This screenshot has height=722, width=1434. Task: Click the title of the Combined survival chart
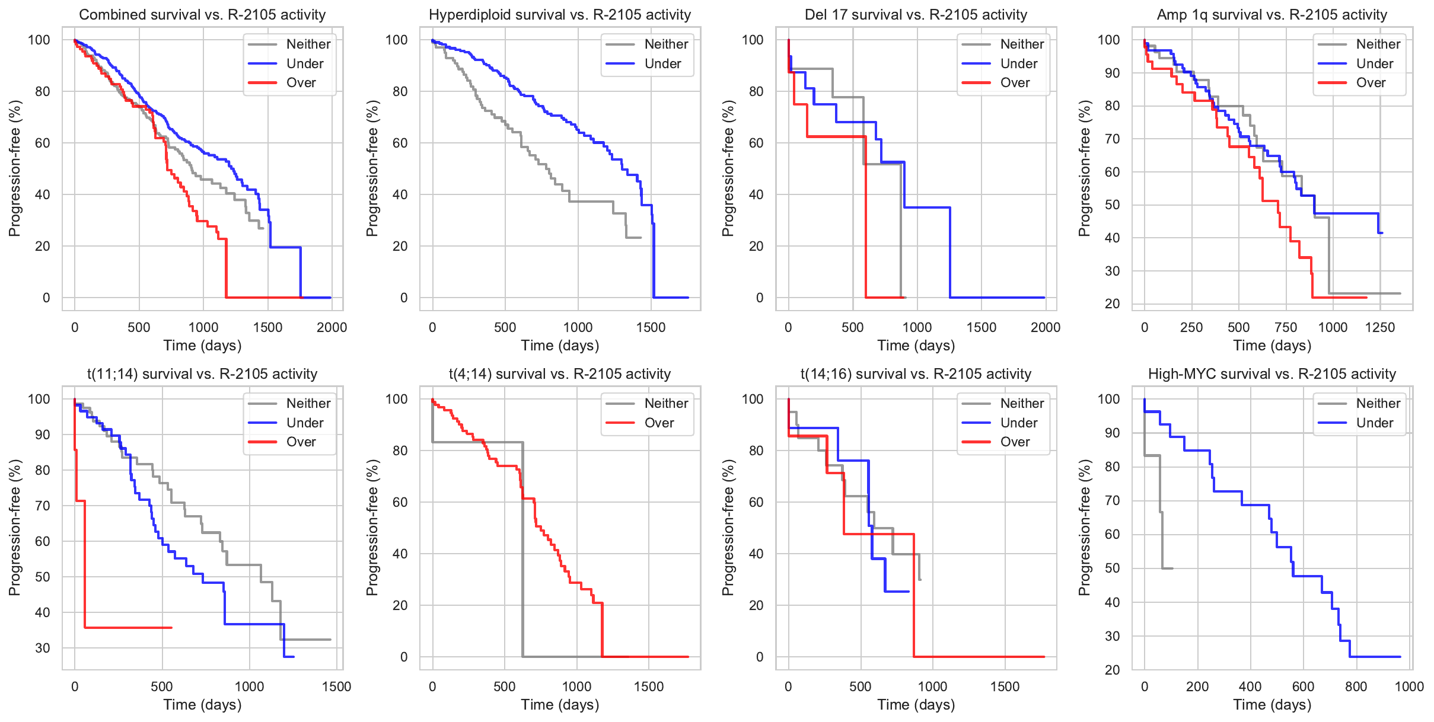pos(202,14)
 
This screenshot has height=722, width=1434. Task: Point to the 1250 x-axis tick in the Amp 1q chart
pos(1379,327)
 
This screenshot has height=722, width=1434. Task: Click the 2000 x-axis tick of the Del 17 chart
pos(1045,327)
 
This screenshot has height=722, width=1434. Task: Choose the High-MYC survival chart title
pos(1272,373)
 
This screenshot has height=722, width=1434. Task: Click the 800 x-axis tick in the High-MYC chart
pos(1356,686)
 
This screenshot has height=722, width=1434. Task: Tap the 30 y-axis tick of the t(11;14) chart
pos(43,648)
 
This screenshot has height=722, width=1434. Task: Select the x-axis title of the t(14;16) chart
pos(916,704)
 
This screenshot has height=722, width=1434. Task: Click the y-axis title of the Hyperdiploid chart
pos(372,168)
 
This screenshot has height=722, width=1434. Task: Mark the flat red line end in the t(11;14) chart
pos(171,627)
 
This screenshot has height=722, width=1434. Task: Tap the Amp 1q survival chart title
pos(1272,14)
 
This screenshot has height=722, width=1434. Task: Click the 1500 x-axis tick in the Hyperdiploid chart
pos(651,327)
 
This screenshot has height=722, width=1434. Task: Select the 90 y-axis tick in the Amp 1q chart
pos(1108,73)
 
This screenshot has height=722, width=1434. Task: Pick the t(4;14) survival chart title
pos(559,373)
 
